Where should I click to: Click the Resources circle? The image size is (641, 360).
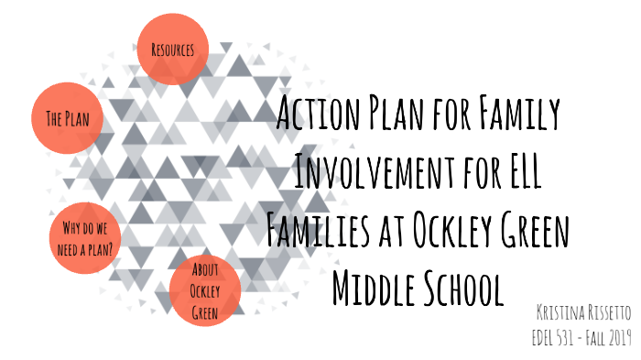pos(172,49)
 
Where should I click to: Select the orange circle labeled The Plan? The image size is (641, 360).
pos(67,118)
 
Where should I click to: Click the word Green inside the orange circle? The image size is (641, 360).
pos(205,311)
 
